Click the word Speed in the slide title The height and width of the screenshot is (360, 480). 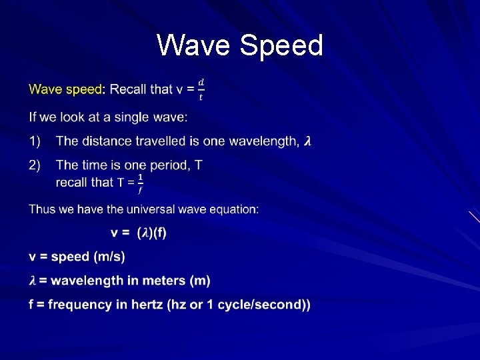[281, 45]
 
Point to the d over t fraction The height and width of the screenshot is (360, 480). [201, 89]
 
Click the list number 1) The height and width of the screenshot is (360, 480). [35, 141]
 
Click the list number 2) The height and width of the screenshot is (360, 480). [35, 165]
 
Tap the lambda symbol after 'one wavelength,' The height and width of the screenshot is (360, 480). [307, 141]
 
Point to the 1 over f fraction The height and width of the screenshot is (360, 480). [140, 183]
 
